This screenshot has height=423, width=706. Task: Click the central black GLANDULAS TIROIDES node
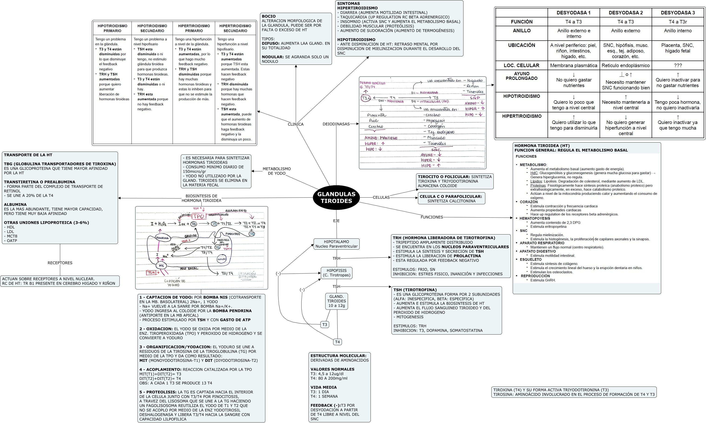pyautogui.click(x=336, y=197)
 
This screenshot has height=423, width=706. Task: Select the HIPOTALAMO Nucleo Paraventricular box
pyautogui.click(x=336, y=244)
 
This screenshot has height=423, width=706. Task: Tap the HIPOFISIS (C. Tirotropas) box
pyautogui.click(x=336, y=273)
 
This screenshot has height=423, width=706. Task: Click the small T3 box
pyautogui.click(x=325, y=324)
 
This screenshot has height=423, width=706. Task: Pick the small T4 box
pyautogui.click(x=337, y=342)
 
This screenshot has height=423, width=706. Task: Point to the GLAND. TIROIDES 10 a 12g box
pyautogui.click(x=336, y=301)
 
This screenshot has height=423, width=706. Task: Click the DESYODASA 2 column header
pyautogui.click(x=626, y=13)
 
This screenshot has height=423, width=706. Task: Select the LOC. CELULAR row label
pyautogui.click(x=522, y=65)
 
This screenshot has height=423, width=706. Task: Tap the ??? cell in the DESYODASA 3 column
pyautogui.click(x=678, y=65)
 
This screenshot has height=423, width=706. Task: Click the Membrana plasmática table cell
pyautogui.click(x=573, y=65)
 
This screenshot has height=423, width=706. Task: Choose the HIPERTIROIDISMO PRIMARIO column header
pyautogui.click(x=194, y=28)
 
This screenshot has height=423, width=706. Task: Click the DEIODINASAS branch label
pyautogui.click(x=336, y=124)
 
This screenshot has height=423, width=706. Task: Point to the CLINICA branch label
pyautogui.click(x=296, y=124)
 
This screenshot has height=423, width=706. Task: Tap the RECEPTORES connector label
pyautogui.click(x=60, y=263)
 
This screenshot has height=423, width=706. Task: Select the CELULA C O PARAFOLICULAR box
pyautogui.click(x=451, y=198)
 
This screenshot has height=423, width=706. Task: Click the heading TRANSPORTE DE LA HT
pyautogui.click(x=28, y=155)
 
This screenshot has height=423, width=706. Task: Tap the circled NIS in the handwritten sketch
pyautogui.click(x=161, y=266)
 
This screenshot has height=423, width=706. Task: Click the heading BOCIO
pyautogui.click(x=269, y=16)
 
